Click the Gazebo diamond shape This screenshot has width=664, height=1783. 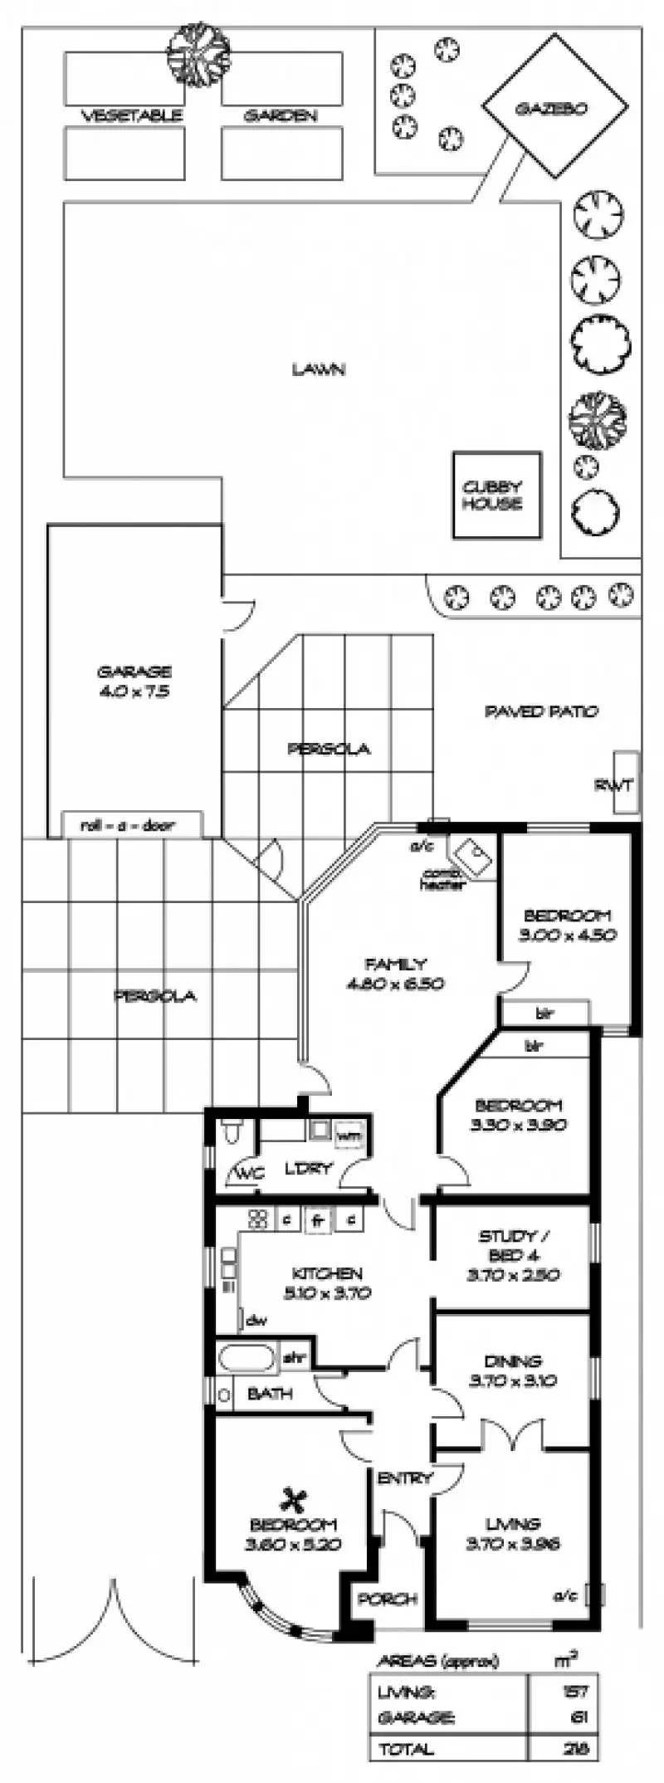click(555, 110)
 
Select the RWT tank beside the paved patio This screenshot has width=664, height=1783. click(625, 784)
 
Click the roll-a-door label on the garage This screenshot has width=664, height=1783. click(132, 825)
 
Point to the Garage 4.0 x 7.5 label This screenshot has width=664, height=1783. click(134, 681)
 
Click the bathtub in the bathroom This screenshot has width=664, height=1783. click(247, 1360)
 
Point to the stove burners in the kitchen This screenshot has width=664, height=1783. click(256, 1219)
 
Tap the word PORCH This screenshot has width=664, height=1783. click(387, 1599)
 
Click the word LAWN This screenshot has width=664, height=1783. click(318, 369)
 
